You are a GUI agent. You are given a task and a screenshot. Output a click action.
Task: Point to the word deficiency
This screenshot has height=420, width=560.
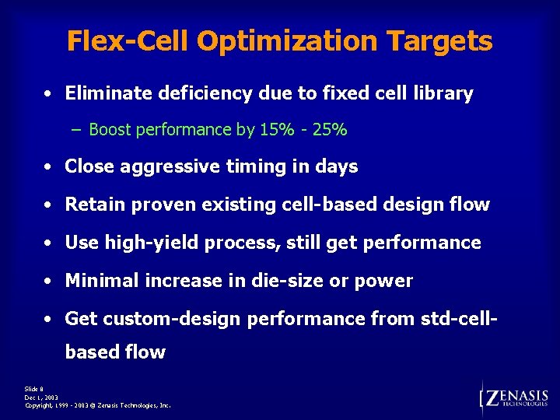200,94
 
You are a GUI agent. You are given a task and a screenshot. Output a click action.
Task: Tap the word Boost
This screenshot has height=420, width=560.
110,130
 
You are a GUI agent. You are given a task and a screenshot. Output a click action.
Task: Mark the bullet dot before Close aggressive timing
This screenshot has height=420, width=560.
48,167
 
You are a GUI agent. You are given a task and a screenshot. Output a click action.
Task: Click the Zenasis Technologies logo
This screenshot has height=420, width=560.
516,397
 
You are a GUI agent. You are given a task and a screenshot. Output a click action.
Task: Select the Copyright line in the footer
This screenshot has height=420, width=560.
98,406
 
